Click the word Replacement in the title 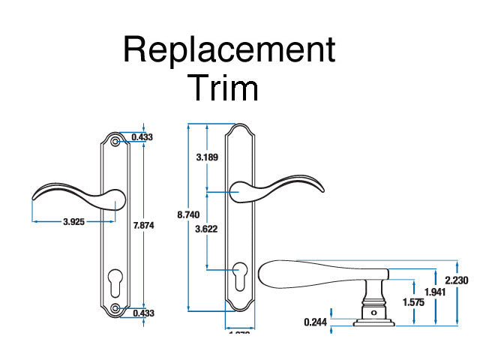click(x=229, y=51)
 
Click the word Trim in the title click(x=223, y=88)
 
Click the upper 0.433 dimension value click(x=142, y=137)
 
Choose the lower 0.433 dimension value click(x=142, y=313)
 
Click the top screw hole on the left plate click(x=115, y=141)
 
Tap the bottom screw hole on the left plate click(x=115, y=308)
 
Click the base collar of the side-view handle click(x=373, y=318)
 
